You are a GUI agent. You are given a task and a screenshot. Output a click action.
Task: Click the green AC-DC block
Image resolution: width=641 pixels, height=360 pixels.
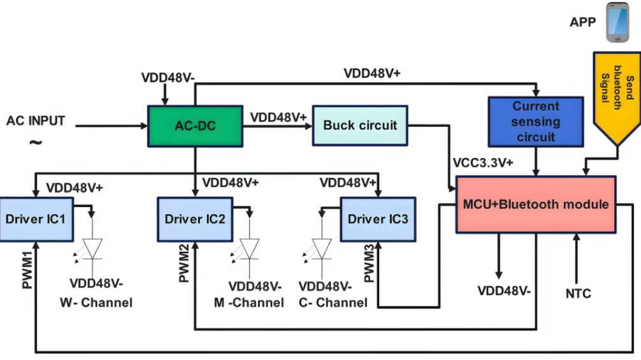[x=195, y=126]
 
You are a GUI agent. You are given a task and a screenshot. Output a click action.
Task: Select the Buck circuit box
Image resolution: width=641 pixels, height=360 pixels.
[x=360, y=125]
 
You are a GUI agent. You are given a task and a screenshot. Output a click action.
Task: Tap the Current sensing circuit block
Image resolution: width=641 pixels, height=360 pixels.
[x=535, y=121]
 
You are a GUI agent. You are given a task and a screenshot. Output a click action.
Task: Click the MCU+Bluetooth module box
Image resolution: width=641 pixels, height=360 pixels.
[x=535, y=205]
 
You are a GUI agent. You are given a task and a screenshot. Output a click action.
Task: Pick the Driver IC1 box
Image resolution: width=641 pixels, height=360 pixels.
[x=37, y=219]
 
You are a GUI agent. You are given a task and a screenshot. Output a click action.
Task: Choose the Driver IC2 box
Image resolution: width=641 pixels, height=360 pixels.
[x=195, y=219]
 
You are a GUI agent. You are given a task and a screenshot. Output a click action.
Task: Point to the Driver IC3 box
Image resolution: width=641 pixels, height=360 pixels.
[x=378, y=219]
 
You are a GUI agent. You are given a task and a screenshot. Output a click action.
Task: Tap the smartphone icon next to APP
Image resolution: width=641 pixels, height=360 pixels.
[x=617, y=23]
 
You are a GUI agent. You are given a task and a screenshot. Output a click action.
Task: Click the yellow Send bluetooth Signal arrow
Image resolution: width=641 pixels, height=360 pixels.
[x=617, y=102]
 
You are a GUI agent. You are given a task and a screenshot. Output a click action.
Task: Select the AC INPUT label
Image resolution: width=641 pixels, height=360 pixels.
[x=36, y=120]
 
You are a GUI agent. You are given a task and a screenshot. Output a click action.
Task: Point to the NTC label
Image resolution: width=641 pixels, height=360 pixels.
[x=578, y=294]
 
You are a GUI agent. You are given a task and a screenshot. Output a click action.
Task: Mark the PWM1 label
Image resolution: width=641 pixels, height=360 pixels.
[x=27, y=271]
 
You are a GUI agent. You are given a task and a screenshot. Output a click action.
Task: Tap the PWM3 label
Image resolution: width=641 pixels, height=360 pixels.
[x=369, y=264]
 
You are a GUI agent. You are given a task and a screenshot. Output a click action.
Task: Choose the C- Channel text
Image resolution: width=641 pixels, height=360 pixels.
[x=333, y=303]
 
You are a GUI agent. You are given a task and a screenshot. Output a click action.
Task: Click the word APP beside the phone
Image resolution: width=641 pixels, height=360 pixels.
[x=583, y=23]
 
